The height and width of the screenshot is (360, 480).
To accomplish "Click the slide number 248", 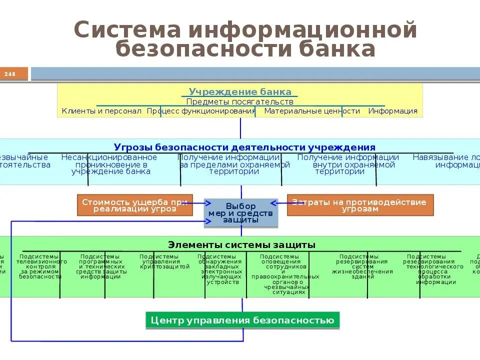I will [x=10, y=74].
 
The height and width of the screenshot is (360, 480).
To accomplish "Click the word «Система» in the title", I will [x=127, y=30].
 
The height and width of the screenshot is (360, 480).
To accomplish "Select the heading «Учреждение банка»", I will [x=240, y=92].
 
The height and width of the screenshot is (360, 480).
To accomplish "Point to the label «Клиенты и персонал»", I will [x=101, y=111].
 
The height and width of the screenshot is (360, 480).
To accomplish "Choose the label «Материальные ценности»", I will [x=312, y=111].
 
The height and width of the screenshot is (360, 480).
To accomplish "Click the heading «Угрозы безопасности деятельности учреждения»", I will [x=244, y=147].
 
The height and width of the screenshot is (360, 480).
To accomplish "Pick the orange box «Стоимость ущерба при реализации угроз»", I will [x=135, y=205].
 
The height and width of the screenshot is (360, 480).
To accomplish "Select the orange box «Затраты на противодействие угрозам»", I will [x=359, y=205].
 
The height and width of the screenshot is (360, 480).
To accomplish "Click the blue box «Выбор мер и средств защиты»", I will [x=240, y=213].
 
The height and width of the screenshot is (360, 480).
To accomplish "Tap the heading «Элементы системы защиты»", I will [x=241, y=245].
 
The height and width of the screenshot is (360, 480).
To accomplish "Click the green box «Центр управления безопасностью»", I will [x=242, y=320].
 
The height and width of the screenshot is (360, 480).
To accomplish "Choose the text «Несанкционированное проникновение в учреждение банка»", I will [x=110, y=164].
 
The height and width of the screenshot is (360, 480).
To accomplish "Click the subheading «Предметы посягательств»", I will [x=240, y=102].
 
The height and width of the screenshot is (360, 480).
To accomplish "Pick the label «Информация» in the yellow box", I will [x=392, y=111].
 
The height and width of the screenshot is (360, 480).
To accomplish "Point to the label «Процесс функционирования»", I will [x=201, y=111].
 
